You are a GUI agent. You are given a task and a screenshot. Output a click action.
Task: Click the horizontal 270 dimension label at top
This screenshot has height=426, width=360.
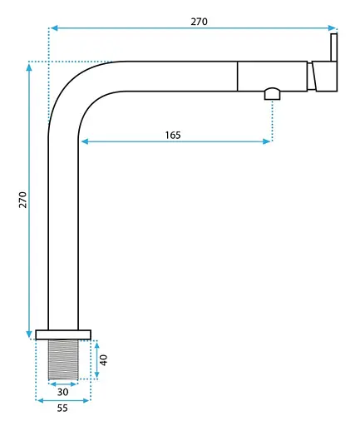[199, 22]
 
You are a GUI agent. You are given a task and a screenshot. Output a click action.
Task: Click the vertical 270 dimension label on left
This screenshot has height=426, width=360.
[22, 200]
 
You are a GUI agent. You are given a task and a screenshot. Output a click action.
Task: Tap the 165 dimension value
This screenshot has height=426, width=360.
[173, 135]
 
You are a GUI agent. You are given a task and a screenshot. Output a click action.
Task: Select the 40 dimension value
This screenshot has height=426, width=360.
[103, 360]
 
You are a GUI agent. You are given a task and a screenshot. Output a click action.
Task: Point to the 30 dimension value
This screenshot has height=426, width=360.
[63, 392]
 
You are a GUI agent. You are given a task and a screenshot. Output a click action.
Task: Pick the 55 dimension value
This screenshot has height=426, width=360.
[62, 408]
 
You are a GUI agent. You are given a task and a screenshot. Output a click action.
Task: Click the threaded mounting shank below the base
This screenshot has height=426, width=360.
[63, 359]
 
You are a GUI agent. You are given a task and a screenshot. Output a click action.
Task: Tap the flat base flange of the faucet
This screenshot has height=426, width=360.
[63, 334]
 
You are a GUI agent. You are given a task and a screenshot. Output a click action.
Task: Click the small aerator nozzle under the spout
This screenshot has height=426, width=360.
[273, 94]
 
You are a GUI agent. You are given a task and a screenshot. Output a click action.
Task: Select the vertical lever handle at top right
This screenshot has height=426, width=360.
[334, 47]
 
